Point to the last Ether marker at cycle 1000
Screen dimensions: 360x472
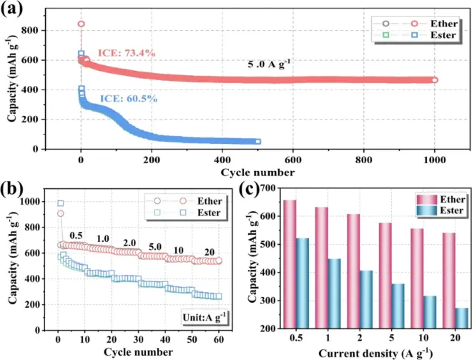[434, 79]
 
